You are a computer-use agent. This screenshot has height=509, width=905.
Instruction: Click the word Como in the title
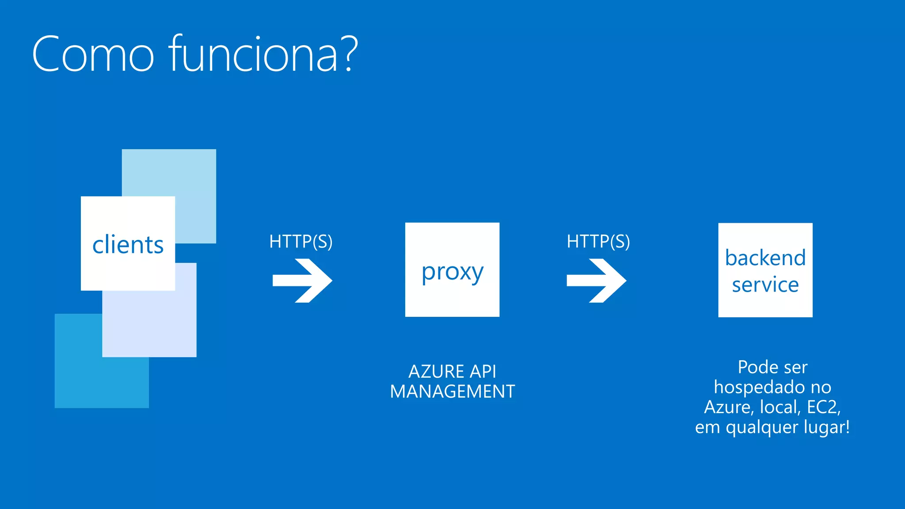pyautogui.click(x=93, y=55)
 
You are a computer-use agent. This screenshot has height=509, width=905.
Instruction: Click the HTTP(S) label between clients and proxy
pyautogui.click(x=300, y=242)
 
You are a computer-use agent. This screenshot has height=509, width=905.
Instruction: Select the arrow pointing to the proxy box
pyautogui.click(x=302, y=281)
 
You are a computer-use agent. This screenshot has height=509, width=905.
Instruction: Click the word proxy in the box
pyautogui.click(x=452, y=271)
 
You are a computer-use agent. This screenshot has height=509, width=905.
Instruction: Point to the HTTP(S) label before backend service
pyautogui.click(x=598, y=242)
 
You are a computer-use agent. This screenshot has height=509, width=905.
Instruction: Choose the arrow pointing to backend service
pyautogui.click(x=597, y=281)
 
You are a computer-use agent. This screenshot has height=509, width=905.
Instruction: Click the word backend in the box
pyautogui.click(x=765, y=258)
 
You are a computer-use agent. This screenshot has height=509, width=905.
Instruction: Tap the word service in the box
pyautogui.click(x=765, y=285)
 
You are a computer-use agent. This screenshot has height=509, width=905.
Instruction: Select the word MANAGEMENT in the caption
pyautogui.click(x=452, y=392)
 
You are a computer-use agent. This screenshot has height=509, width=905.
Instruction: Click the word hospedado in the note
pyautogui.click(x=754, y=387)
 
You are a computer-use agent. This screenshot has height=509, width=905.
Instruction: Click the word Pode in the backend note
pyautogui.click(x=755, y=367)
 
